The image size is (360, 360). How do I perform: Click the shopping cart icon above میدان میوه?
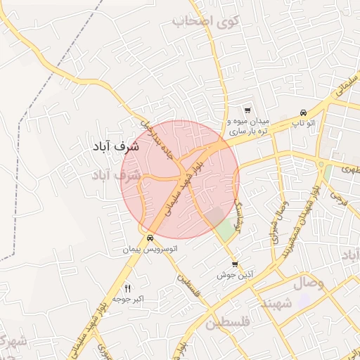(247, 110)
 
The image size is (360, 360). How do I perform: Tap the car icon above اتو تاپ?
(302, 113)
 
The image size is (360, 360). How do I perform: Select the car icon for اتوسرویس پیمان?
(150, 238)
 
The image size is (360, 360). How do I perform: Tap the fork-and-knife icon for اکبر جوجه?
(127, 288)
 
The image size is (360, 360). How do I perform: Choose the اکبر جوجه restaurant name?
(128, 300)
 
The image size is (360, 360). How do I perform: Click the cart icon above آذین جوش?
(234, 265)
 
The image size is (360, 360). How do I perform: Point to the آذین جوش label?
(242, 276)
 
